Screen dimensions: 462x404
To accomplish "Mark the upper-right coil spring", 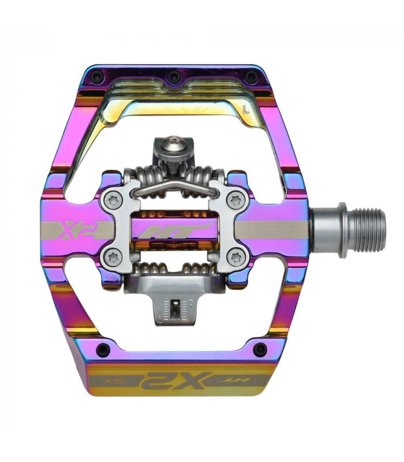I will tap(203, 173).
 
